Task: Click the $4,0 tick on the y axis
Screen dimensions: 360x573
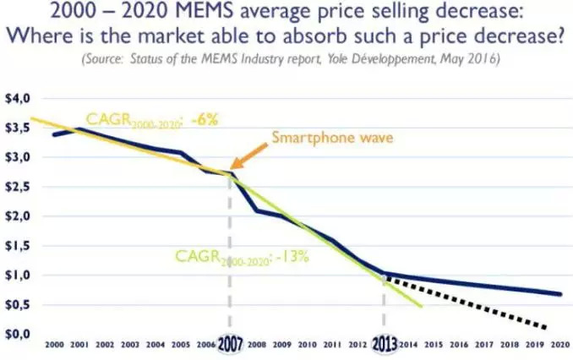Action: point(19,99)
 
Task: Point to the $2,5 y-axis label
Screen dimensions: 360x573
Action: point(19,187)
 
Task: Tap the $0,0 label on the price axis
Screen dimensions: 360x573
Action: point(19,335)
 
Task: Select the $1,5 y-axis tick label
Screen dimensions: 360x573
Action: point(19,246)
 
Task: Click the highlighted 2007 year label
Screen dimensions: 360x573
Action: point(231,346)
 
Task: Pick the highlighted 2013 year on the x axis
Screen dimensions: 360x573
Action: point(385,346)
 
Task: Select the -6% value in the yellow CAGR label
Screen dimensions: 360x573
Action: point(205,120)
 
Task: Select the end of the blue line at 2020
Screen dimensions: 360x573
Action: point(559,294)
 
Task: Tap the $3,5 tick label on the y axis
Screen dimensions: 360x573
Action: point(19,128)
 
